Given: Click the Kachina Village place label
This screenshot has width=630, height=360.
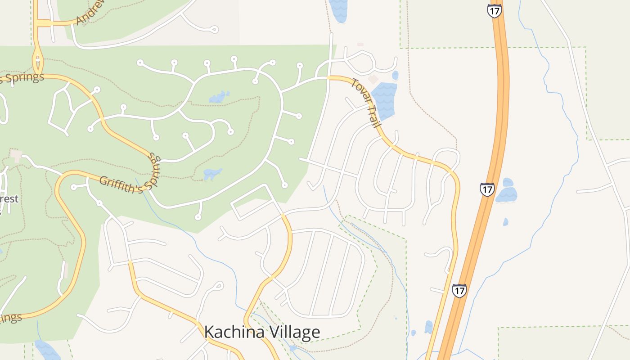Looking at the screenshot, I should [x=262, y=333].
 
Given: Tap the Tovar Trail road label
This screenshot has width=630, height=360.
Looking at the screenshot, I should [x=366, y=103].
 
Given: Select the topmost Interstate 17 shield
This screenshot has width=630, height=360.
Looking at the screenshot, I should [x=494, y=11].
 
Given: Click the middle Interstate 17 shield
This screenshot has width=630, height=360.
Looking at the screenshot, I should [x=487, y=189].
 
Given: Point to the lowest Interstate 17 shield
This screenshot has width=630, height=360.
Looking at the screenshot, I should [x=459, y=291].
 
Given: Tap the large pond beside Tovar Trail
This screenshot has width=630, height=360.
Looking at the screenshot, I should [x=384, y=100].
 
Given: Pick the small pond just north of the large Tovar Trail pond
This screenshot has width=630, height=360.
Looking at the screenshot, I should [x=395, y=75].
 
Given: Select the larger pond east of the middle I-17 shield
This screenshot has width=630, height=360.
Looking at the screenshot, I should [x=507, y=194].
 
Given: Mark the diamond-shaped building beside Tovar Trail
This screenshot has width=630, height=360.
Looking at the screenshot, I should [x=373, y=79].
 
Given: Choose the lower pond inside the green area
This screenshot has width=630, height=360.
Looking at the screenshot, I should [x=212, y=174].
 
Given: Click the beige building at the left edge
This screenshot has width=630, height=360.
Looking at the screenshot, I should [x=16, y=155].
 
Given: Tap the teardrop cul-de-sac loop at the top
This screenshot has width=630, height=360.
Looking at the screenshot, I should [x=213, y=30].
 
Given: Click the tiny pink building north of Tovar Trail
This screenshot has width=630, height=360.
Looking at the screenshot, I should [x=360, y=44].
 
